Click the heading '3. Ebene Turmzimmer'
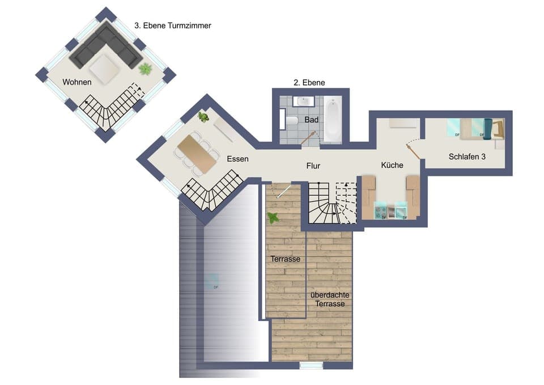(173, 26)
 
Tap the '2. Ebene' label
(309, 82)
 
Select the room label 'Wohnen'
(77, 82)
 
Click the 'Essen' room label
(237, 159)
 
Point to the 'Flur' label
(313, 166)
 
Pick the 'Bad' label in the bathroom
(311, 120)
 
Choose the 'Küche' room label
(392, 165)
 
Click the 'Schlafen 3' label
(467, 156)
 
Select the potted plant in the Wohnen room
(146, 69)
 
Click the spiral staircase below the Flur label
(323, 205)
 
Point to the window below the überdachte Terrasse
(311, 366)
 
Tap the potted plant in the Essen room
(203, 117)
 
